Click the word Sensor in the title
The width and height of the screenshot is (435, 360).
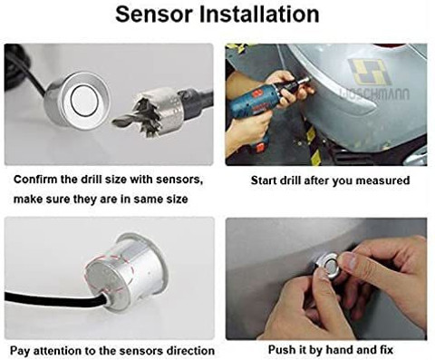154,15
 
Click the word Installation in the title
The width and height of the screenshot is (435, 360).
259,15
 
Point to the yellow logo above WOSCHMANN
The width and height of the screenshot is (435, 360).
371,72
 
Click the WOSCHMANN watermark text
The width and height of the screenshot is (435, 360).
374,94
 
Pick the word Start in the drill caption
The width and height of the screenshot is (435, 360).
264,180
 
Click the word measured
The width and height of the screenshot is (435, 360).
382,180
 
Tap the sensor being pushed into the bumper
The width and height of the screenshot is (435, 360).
327,265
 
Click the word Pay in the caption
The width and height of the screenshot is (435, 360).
20,351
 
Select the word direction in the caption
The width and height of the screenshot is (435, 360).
191,351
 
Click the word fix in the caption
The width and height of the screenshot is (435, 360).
386,350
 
